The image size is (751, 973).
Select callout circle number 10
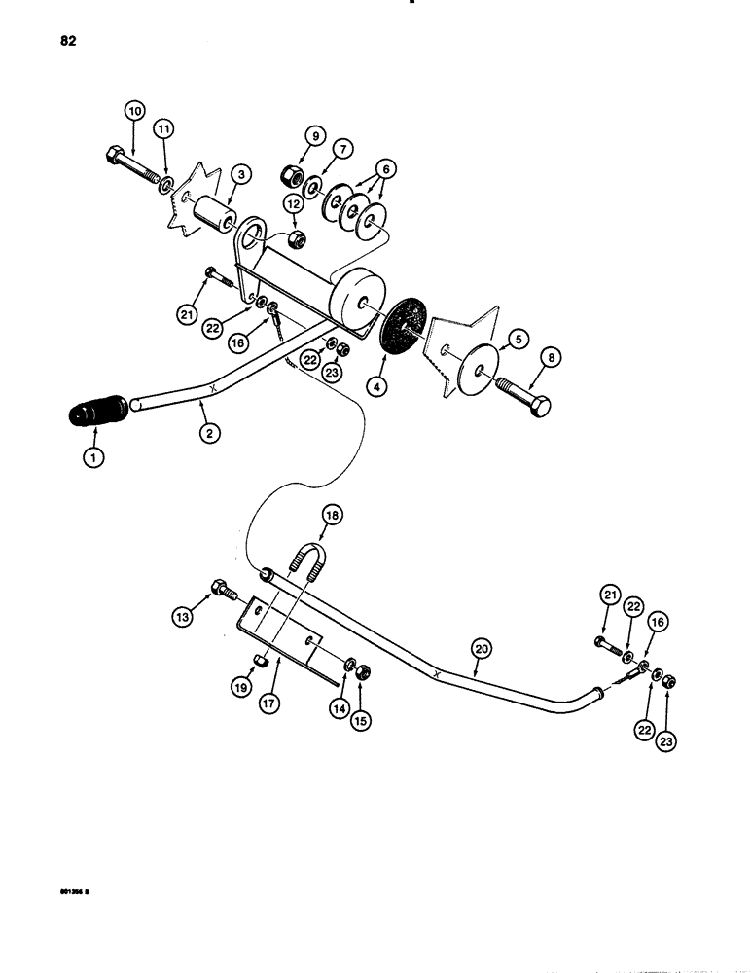tap(133, 111)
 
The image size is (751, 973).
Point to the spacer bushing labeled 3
tap(214, 216)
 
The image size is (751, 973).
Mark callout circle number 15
tap(362, 695)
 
